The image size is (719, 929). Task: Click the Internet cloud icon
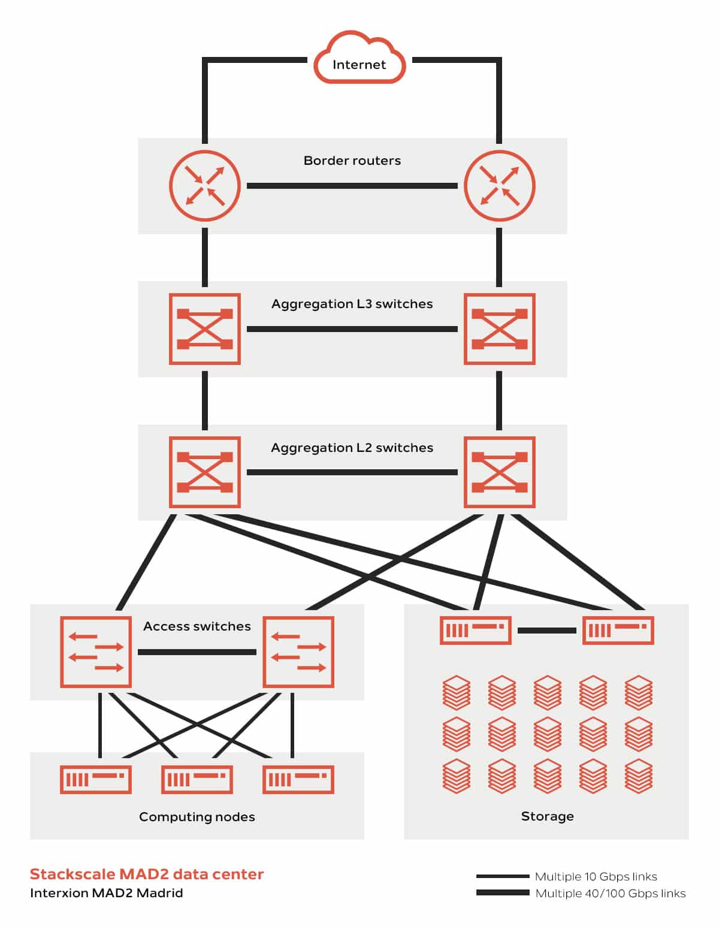click(x=359, y=60)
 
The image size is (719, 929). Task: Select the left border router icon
click(x=205, y=186)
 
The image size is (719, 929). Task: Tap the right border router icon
click(x=500, y=186)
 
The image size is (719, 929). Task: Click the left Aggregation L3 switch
click(x=205, y=329)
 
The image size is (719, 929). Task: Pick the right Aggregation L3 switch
click(x=500, y=329)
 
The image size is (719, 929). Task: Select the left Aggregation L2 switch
click(x=205, y=472)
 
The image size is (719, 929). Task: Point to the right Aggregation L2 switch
click(x=500, y=472)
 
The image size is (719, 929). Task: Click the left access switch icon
click(x=96, y=652)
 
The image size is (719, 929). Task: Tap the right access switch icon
click(x=298, y=652)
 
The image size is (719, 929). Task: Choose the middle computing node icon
click(x=197, y=779)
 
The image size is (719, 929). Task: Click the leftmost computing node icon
click(x=96, y=779)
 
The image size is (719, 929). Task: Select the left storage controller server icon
click(x=476, y=631)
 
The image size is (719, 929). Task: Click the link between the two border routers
click(x=352, y=186)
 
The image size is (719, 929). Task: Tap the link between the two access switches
click(x=197, y=652)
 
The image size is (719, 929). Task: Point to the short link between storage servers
click(x=547, y=631)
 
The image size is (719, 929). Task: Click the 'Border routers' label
click(x=352, y=161)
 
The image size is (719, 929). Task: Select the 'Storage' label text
click(x=547, y=816)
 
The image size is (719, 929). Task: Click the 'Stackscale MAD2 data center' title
click(x=147, y=874)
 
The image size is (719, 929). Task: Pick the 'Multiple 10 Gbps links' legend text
click(x=596, y=877)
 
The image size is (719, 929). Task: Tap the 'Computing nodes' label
click(x=197, y=817)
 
